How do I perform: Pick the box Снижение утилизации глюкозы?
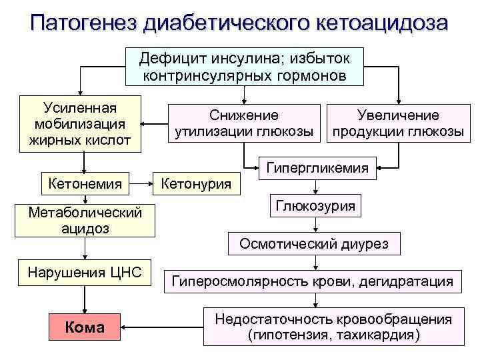[243, 124]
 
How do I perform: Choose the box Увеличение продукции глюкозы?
[398, 124]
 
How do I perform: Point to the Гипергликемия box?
[317, 169]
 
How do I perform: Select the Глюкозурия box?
[316, 206]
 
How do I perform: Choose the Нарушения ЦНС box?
[85, 273]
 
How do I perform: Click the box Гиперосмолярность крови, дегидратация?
[313, 281]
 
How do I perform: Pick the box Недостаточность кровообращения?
[333, 327]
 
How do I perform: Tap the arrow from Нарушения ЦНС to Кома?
[85, 298]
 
